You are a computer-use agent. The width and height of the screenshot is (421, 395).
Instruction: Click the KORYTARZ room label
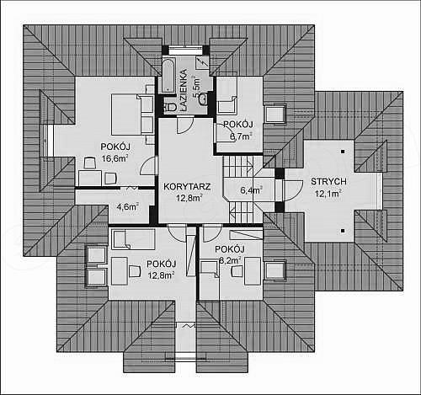(x=187, y=187)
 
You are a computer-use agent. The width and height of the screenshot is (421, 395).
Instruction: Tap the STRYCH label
(x=328, y=181)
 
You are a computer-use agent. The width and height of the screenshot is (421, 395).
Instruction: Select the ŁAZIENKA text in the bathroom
(x=184, y=90)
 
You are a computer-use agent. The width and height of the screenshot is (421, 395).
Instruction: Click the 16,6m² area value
(x=115, y=158)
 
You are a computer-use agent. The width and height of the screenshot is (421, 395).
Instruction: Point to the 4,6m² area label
(x=128, y=207)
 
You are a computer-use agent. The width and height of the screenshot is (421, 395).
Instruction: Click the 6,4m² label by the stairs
(x=252, y=190)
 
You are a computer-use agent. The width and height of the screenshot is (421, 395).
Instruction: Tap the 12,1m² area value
(x=328, y=194)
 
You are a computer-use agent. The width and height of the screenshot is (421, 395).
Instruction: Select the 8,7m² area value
(x=241, y=136)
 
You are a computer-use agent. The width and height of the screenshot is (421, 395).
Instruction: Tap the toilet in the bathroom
(x=169, y=107)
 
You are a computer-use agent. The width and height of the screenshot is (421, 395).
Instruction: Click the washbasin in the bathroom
(x=203, y=99)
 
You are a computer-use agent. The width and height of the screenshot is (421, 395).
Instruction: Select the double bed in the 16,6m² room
(x=125, y=115)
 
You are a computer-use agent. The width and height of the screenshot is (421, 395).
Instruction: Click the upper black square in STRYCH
(x=343, y=152)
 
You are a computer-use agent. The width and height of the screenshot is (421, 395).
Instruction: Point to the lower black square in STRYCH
(x=343, y=231)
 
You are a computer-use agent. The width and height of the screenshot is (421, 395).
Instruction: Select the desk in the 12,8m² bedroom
(x=120, y=271)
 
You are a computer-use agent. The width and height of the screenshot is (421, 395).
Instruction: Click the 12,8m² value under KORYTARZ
(x=189, y=198)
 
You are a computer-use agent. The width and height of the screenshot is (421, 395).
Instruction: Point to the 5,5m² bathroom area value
(x=196, y=87)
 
